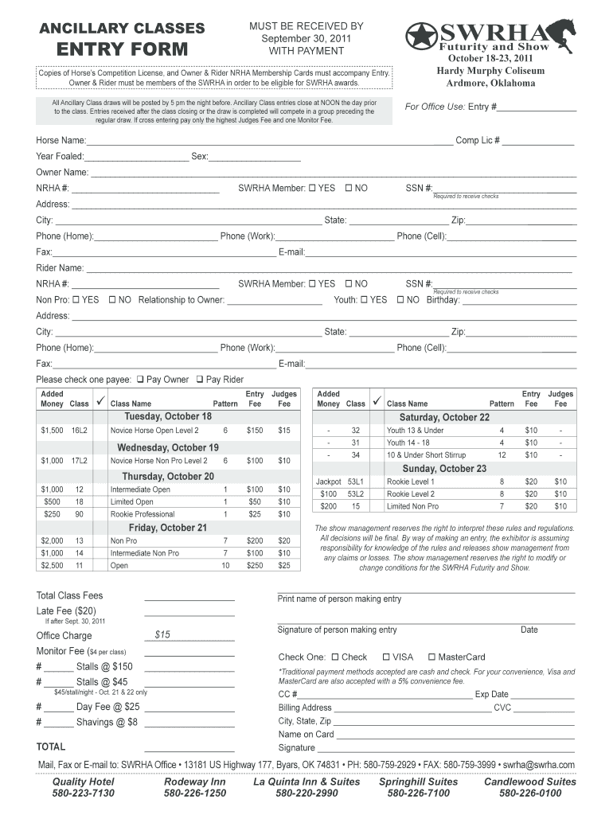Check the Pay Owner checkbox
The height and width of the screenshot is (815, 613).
[141, 380]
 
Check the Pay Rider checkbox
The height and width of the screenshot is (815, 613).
[200, 380]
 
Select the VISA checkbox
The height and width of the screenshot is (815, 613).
[386, 657]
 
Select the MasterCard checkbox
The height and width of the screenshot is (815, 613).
[431, 657]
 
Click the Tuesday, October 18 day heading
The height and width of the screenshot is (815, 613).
[168, 417]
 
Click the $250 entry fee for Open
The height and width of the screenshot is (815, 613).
[254, 566]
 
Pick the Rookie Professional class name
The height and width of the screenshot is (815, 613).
[143, 514]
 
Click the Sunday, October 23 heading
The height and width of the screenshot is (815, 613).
[444, 469]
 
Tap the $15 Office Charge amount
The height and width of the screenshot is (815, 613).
[163, 635]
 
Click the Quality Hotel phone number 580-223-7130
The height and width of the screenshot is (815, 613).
[83, 794]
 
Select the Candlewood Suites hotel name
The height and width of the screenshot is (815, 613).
[529, 782]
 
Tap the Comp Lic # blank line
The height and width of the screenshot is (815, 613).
[537, 141]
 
